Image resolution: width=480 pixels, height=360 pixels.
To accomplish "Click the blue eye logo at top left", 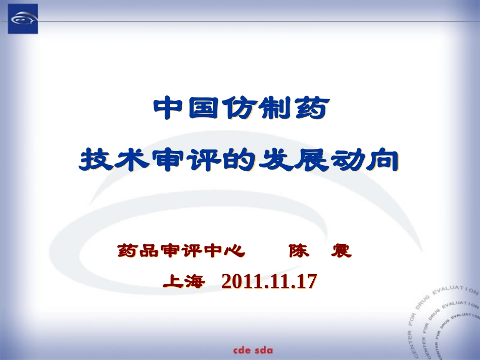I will tap(23, 19).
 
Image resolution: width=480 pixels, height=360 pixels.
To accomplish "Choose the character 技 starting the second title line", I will tap(98, 160).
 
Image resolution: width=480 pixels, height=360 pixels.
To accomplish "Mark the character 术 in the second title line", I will tap(133, 160).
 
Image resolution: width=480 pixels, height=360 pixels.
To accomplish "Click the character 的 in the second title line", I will tap(239, 160).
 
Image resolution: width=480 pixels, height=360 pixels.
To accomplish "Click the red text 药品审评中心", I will tap(181, 250).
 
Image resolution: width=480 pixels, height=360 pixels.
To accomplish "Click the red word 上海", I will tap(183, 281).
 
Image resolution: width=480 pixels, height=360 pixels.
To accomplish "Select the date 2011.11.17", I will tap(269, 281).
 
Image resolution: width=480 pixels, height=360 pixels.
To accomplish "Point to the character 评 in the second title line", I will tap(204, 160).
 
